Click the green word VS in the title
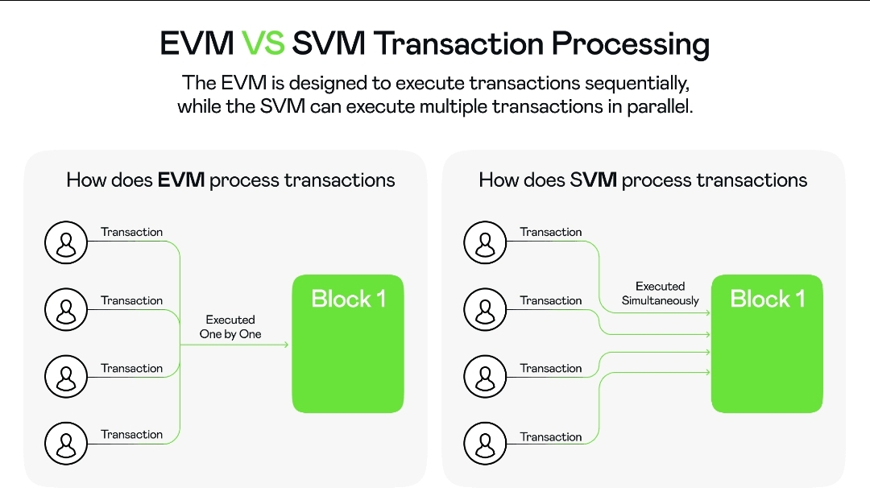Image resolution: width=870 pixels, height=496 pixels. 263,43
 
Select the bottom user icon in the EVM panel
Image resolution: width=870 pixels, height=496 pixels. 66,441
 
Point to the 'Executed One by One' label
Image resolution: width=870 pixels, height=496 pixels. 230,327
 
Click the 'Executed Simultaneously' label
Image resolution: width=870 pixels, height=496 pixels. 661,293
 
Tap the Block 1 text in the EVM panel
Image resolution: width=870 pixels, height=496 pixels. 348,300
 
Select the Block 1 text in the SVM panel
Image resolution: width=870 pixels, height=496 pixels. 767,300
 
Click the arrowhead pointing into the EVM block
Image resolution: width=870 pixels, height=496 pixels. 285,345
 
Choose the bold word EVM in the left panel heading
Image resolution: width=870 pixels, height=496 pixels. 180,180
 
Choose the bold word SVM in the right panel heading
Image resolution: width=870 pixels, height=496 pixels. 594,180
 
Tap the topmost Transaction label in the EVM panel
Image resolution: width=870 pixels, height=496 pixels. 132,232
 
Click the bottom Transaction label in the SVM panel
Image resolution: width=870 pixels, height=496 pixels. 551,437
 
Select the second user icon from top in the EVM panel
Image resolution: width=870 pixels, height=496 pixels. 66,308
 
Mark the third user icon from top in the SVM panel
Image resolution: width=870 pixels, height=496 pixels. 485,375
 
